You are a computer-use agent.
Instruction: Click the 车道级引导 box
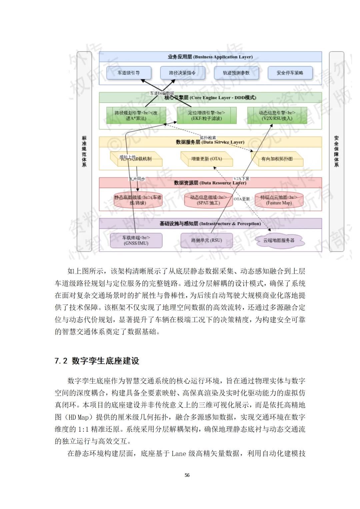point(129,73)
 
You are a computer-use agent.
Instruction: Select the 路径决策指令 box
point(182,73)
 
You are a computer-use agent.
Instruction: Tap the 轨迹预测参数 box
point(236,73)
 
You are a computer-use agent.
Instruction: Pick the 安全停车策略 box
point(290,73)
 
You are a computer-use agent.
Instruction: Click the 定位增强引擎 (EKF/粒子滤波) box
point(207,116)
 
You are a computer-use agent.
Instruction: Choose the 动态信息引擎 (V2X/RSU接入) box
point(277,116)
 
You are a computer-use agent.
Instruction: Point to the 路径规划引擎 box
point(136,116)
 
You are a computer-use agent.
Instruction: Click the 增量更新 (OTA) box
point(207,159)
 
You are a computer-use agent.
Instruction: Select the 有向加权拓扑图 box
point(277,159)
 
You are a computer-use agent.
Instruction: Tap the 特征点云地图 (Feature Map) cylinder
point(279,200)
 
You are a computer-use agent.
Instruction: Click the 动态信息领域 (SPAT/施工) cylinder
point(208,200)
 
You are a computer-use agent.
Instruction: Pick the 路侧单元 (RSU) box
point(207,240)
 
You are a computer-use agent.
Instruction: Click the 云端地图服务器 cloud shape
point(279,240)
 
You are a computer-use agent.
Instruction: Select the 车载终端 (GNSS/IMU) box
point(136,240)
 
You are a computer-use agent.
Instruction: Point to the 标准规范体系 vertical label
point(84,152)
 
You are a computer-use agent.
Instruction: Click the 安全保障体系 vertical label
point(336,152)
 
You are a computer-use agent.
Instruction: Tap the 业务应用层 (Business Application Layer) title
point(210,57)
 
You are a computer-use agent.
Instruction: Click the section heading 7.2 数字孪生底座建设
point(97,361)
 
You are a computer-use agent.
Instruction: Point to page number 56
point(187,475)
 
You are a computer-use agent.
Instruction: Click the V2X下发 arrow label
point(241,179)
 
